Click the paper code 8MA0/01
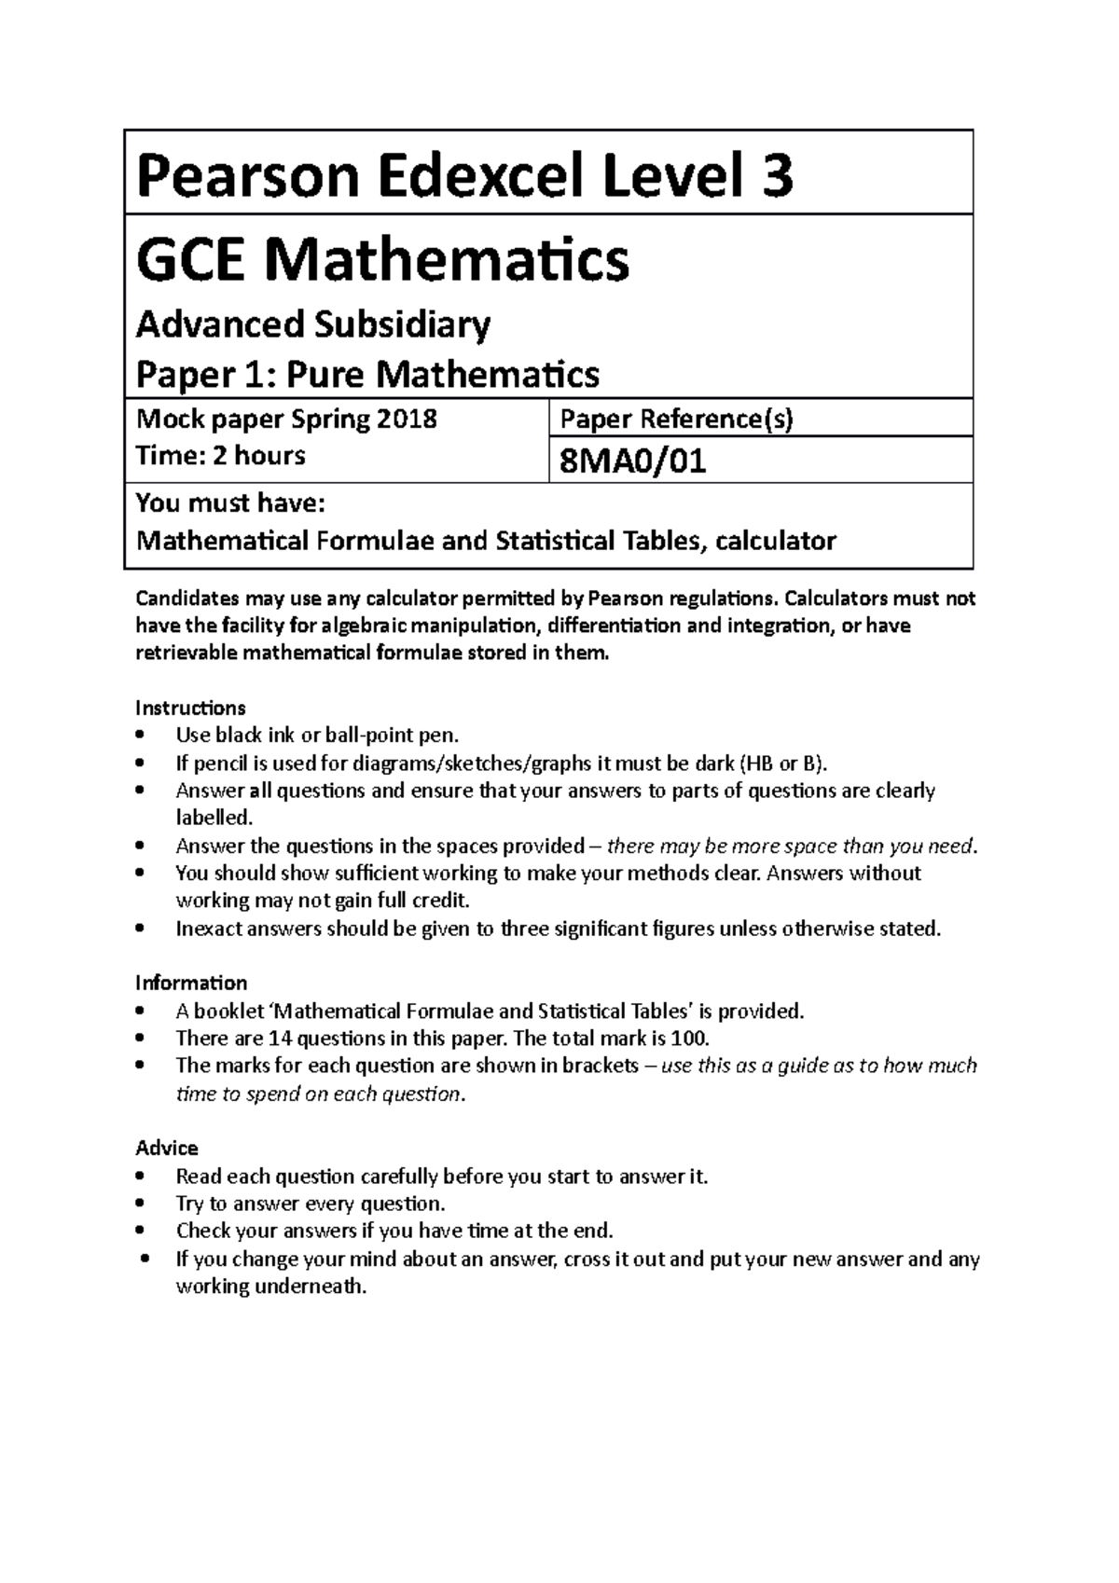click(x=631, y=461)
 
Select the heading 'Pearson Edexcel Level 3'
click(x=464, y=176)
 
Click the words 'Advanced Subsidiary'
click(x=313, y=324)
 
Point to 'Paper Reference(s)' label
click(x=676, y=420)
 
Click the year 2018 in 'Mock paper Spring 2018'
click(x=407, y=419)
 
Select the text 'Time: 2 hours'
click(x=221, y=456)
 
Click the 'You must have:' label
click(x=230, y=504)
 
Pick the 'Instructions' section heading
click(x=190, y=708)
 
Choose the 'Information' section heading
click(x=191, y=983)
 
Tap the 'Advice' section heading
click(x=167, y=1148)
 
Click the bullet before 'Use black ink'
click(x=140, y=735)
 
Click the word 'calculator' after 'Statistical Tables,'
click(x=778, y=541)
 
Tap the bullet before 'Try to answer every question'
click(x=140, y=1204)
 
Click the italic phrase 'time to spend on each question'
click(x=318, y=1094)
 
